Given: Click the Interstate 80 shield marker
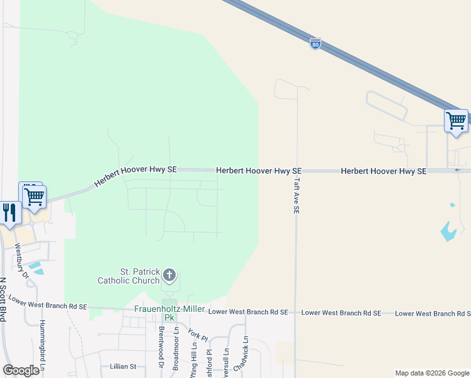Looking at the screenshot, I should click(315, 44).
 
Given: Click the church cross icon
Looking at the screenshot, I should click(169, 275).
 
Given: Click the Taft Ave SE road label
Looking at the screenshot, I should click(295, 195).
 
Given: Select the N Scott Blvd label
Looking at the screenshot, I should click(3, 299).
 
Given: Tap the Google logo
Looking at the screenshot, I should click(21, 370).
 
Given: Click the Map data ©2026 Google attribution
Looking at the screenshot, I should click(432, 373).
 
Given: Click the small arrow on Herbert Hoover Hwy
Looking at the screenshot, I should click(458, 169).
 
